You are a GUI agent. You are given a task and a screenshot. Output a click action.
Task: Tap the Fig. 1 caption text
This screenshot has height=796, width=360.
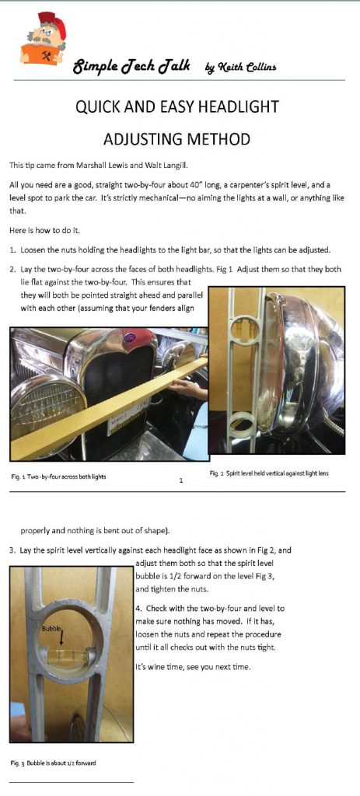click(x=58, y=477)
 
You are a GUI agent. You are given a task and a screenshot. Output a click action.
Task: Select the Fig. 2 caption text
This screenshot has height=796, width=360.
click(x=269, y=473)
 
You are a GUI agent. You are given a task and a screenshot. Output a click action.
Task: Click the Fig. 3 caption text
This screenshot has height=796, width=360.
click(x=54, y=763)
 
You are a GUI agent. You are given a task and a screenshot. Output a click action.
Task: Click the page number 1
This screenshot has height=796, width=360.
click(x=181, y=480)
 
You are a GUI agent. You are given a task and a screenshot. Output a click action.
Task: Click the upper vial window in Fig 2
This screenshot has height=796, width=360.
click(x=246, y=330)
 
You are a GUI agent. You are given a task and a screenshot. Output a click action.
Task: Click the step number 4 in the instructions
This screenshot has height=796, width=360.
click(x=138, y=608)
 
